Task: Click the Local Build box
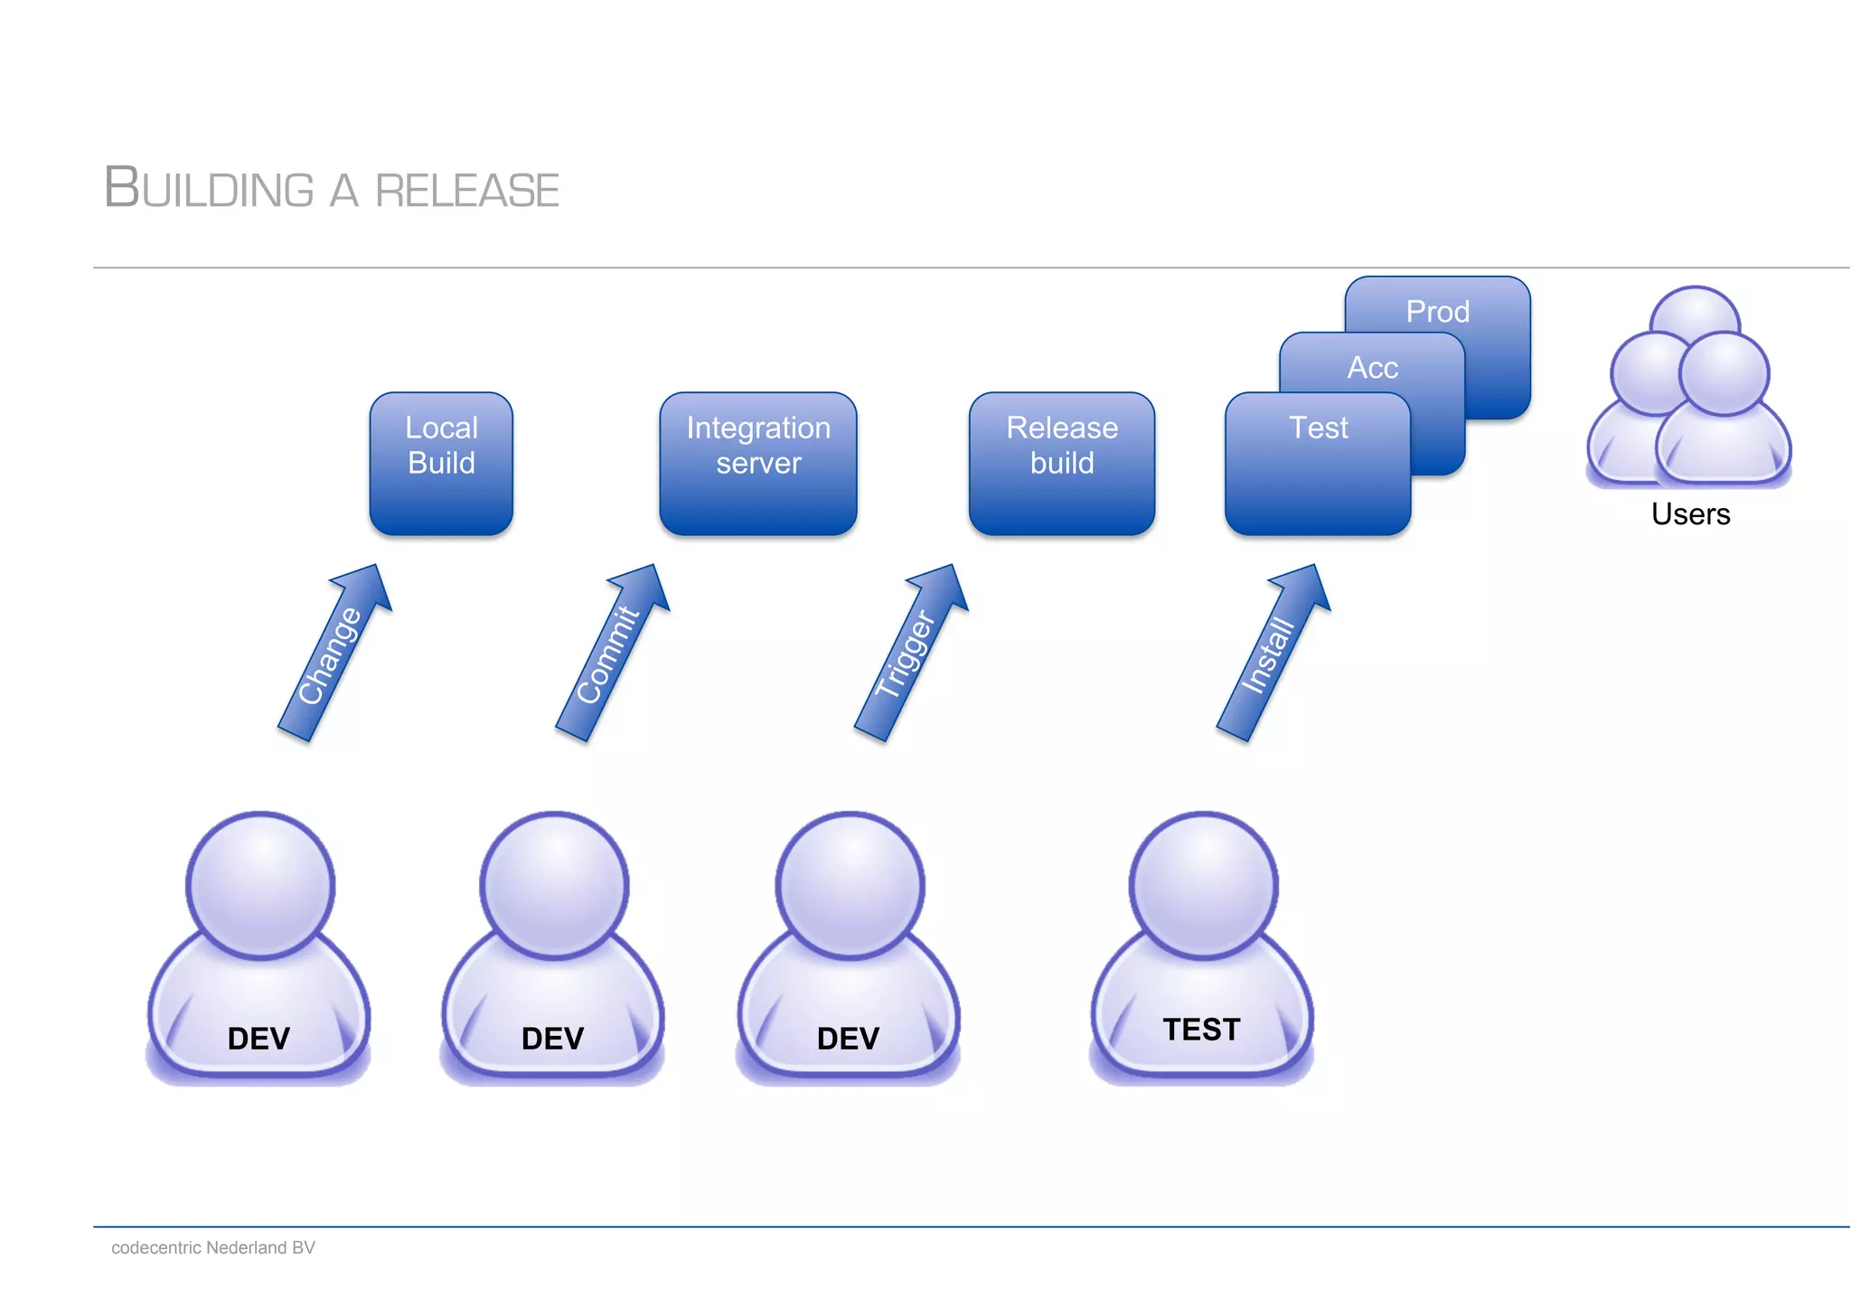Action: click(x=441, y=463)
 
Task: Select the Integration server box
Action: click(x=757, y=463)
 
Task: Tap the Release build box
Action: click(x=1061, y=463)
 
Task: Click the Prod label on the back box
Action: click(x=1437, y=312)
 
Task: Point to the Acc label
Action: click(x=1372, y=368)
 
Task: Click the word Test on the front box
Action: click(x=1318, y=428)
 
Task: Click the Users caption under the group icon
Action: click(x=1690, y=514)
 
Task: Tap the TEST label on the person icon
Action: click(x=1201, y=1030)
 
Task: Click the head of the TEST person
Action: click(x=1203, y=885)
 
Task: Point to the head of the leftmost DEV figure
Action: click(x=260, y=885)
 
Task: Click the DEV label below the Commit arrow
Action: click(x=552, y=1039)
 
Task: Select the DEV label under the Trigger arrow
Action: click(x=848, y=1039)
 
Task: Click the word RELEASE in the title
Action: click(x=466, y=191)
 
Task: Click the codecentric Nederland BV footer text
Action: click(x=213, y=1247)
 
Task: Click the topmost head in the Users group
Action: click(x=1695, y=316)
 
